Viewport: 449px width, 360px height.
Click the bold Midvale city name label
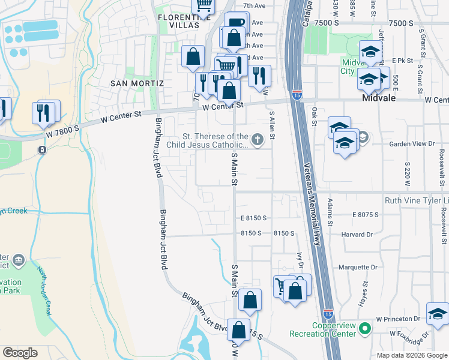tap(379, 98)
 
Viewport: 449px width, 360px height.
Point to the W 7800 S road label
tap(63, 131)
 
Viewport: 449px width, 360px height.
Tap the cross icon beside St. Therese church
tap(258, 140)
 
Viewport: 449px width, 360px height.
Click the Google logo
tap(20, 353)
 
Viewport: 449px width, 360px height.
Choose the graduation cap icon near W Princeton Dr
tap(437, 314)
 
